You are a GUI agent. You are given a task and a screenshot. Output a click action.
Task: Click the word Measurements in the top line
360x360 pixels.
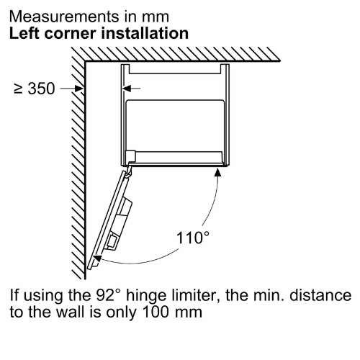click(64, 17)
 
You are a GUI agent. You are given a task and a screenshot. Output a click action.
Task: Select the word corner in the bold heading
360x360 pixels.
click(71, 35)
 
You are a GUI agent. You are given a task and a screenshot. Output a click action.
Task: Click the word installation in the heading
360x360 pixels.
click(145, 33)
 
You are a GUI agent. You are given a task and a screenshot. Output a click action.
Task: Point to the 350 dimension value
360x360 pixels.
click(41, 89)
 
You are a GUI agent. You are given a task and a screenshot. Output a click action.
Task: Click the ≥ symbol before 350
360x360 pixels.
click(18, 89)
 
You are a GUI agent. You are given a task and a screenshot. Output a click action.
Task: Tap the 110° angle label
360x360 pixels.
click(192, 238)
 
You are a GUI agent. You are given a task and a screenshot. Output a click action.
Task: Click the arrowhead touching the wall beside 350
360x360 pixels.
click(79, 89)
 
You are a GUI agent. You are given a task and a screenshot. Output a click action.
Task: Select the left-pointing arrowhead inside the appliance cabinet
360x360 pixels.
click(127, 89)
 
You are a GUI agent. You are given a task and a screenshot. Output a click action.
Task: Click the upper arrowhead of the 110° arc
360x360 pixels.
click(217, 172)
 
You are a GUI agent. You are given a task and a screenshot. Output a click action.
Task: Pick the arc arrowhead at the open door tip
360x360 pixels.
click(97, 258)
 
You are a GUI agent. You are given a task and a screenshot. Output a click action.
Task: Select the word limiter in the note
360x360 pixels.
click(195, 296)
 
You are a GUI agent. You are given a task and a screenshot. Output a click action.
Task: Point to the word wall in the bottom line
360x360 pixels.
click(70, 312)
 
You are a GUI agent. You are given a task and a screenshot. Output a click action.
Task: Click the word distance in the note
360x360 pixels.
click(320, 295)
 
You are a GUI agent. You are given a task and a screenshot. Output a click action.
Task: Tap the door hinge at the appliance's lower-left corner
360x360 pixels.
click(128, 171)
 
